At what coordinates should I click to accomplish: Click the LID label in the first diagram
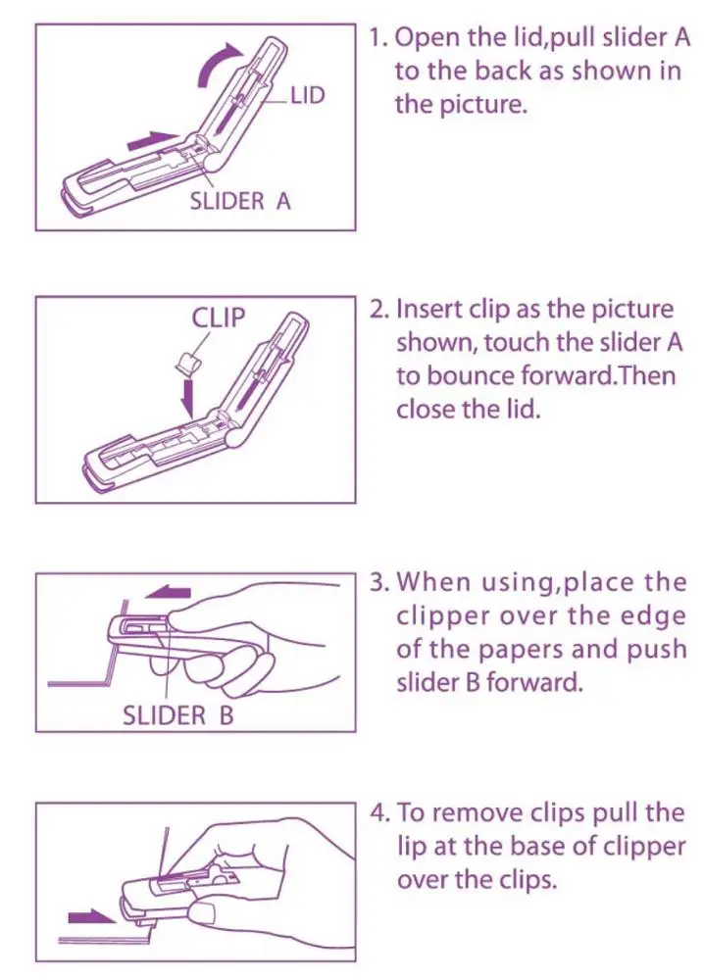308,96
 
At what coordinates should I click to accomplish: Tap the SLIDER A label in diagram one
240,202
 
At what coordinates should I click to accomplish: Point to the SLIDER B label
178,714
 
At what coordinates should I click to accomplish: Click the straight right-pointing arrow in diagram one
152,141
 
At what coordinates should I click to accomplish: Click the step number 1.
377,38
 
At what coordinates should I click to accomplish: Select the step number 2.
378,309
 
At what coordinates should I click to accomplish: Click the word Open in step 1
425,39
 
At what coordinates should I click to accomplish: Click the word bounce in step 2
473,376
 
